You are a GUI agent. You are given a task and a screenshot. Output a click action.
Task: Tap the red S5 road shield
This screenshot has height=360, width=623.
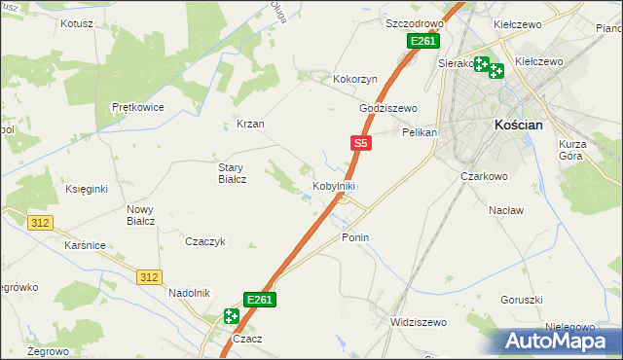click(360, 143)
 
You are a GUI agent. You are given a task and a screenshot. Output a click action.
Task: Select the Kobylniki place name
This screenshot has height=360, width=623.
click(334, 186)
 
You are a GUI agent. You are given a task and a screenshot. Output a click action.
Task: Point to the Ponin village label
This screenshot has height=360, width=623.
click(355, 237)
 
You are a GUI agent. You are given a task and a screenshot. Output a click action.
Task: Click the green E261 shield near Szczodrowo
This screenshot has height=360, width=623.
click(422, 41)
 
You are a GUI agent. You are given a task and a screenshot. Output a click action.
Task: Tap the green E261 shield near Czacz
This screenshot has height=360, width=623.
click(259, 300)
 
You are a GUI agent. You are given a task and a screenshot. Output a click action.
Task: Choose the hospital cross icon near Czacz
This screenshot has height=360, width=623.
click(231, 315)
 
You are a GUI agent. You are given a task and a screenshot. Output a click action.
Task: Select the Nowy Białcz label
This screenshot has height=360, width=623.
click(141, 215)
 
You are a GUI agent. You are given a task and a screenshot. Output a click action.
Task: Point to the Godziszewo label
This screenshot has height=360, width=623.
click(387, 108)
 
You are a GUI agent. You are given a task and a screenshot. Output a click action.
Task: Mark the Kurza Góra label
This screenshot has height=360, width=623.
click(575, 150)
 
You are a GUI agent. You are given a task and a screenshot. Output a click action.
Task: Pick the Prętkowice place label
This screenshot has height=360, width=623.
click(137, 107)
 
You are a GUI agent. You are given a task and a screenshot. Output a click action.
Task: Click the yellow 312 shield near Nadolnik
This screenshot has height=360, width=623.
click(148, 277)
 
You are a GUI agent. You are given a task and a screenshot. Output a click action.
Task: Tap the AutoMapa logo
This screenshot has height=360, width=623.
click(560, 341)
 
